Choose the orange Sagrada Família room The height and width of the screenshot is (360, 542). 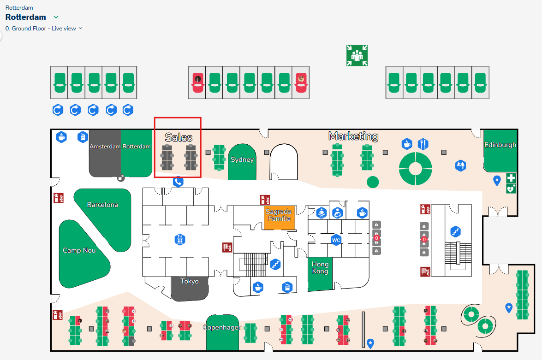click(278, 217)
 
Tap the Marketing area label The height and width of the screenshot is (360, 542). click(353, 136)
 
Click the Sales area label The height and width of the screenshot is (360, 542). click(179, 137)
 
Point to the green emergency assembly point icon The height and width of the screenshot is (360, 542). click(357, 55)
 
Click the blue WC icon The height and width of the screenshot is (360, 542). click(336, 240)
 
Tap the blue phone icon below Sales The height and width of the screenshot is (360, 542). click(178, 182)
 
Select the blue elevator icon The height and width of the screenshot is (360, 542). click(180, 240)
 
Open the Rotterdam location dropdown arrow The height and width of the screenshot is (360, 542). click(56, 18)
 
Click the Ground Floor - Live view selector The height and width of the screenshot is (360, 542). click(44, 29)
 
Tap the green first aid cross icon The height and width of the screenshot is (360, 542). click(511, 178)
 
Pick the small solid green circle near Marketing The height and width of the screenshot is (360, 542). click(373, 182)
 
